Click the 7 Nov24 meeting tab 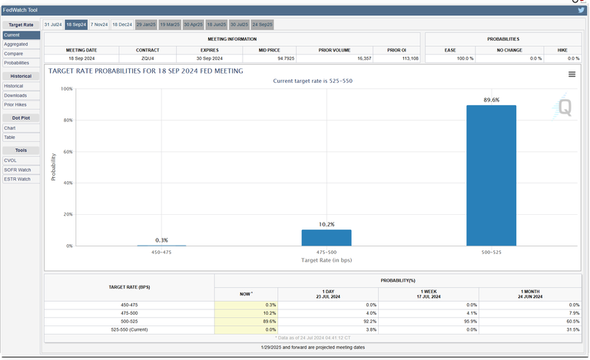99,25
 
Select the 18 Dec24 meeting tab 123,25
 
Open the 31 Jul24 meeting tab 53,25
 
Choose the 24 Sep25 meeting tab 262,25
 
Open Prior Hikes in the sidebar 15,104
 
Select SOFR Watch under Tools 17,169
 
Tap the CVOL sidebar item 10,160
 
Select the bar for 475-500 326,237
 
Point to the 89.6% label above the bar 491,100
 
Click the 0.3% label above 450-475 161,240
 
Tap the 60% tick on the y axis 67,152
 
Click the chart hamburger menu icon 572,74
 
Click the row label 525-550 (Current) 128,330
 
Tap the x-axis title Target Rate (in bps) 326,260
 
